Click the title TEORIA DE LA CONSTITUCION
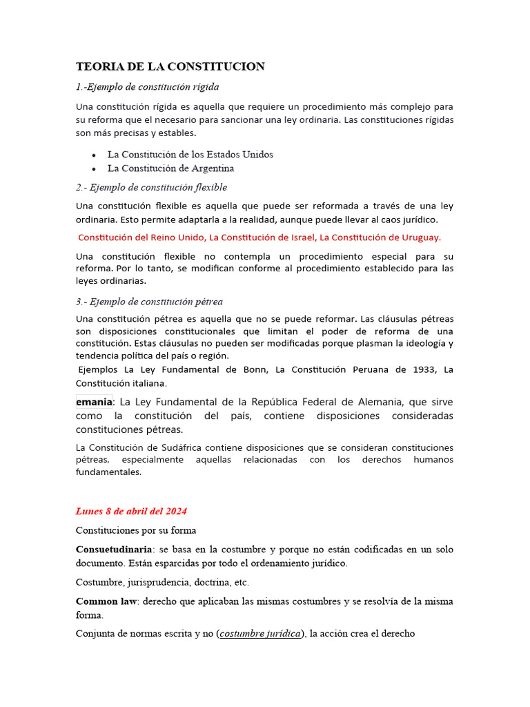(x=170, y=66)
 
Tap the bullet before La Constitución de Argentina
(x=94, y=168)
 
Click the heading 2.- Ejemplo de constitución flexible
(x=151, y=187)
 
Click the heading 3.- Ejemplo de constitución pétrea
(x=149, y=302)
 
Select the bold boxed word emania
(x=94, y=402)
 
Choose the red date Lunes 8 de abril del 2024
(x=131, y=512)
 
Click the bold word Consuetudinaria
(x=114, y=550)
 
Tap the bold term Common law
(x=107, y=601)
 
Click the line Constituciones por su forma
(x=137, y=530)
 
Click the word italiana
(x=148, y=383)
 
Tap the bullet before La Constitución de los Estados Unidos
(x=94, y=155)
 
